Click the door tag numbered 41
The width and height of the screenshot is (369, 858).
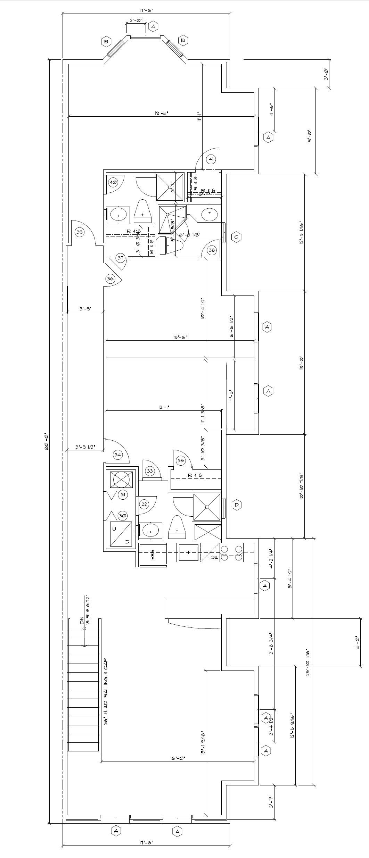point(211,159)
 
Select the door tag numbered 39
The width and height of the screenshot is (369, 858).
point(80,232)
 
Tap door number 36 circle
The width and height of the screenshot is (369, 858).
point(110,279)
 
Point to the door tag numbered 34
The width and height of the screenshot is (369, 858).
point(118,455)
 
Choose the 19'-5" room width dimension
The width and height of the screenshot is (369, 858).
point(162,113)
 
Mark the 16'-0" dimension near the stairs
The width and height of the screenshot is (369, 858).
point(178,759)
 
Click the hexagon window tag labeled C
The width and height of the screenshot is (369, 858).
point(236,237)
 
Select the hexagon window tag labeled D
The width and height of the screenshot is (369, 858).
point(236,505)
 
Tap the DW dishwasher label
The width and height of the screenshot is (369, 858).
point(214,557)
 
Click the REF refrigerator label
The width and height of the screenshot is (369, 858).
point(152,555)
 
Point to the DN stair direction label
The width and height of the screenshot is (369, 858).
point(82,620)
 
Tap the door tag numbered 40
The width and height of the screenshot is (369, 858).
point(113,182)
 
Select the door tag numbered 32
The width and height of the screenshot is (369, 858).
point(144,504)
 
